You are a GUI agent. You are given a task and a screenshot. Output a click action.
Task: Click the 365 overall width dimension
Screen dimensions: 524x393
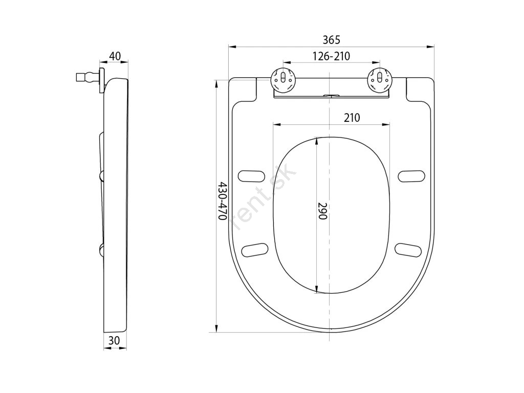(331, 40)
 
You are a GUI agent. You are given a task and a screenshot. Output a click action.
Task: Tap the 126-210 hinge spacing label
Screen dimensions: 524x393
(331, 56)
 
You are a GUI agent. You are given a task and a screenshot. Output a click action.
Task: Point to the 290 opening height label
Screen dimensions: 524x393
(322, 211)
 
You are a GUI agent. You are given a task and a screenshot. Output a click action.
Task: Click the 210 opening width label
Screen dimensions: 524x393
(352, 118)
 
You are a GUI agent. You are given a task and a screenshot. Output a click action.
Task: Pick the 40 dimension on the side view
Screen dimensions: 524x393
(115, 56)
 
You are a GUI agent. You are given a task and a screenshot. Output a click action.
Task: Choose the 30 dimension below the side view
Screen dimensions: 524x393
(114, 340)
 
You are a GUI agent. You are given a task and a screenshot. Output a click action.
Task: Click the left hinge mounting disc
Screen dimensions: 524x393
(283, 79)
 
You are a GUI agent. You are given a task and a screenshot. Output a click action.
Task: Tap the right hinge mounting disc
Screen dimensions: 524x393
(379, 79)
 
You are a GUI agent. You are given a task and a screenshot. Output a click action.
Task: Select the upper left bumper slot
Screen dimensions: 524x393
(251, 176)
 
